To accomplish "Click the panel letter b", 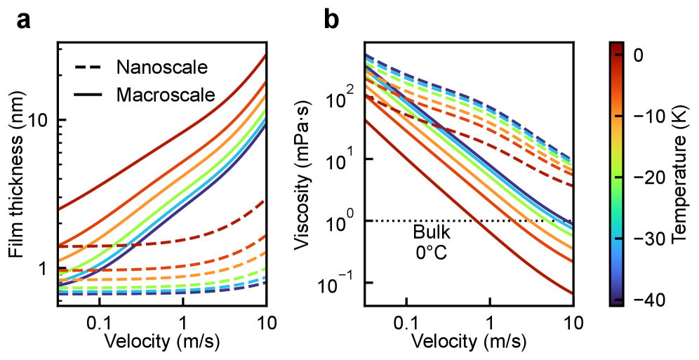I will coord(331,21).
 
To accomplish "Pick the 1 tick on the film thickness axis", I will coord(45,269).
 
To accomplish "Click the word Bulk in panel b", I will coord(427,233).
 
